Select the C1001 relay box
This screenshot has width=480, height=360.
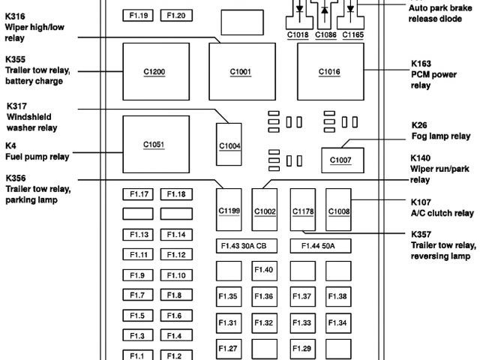click(241, 72)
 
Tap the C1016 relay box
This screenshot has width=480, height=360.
click(328, 72)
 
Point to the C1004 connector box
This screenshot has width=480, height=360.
click(229, 145)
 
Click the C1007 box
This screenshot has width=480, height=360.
click(340, 160)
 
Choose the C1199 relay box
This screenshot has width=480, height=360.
click(229, 211)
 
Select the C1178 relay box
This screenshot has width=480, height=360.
click(303, 211)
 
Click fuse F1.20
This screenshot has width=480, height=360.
click(176, 15)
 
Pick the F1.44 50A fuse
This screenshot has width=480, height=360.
click(319, 245)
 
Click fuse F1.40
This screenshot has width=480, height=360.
click(264, 270)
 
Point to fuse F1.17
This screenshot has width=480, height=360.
click(139, 194)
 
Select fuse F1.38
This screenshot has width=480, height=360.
click(337, 297)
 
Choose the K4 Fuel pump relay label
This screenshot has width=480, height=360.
click(37, 151)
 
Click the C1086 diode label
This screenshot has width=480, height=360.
click(325, 34)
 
